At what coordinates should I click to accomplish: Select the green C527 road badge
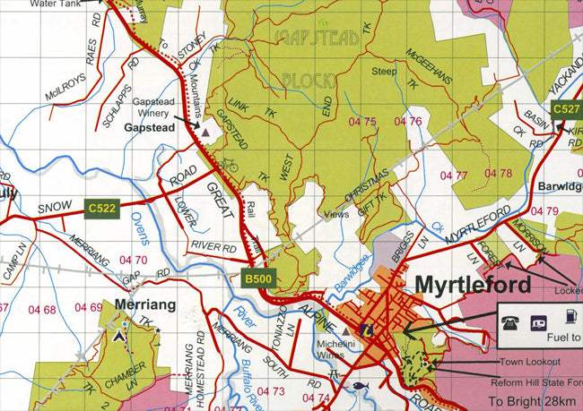tap(566, 109)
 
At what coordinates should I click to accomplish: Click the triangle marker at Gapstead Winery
tap(205, 132)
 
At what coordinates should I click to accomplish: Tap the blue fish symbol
tap(360, 386)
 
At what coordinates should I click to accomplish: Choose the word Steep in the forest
tap(384, 72)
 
